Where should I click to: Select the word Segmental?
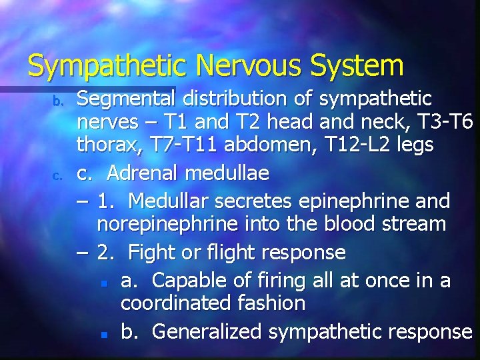coord(125,100)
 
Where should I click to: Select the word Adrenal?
coord(139,174)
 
